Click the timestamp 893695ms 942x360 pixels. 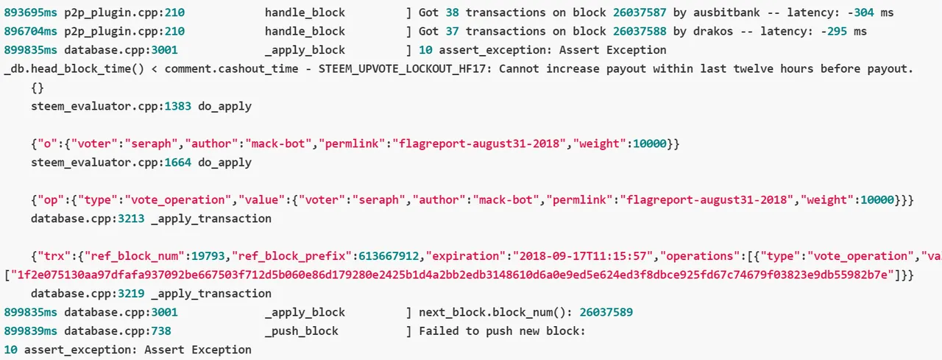[30, 13]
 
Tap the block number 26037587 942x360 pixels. [640, 13]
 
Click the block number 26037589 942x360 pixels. [606, 312]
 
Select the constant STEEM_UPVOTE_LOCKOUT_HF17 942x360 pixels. [402, 68]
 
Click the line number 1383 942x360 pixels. [177, 106]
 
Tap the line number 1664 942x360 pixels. [177, 163]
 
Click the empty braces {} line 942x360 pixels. [38, 88]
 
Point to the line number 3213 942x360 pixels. [131, 219]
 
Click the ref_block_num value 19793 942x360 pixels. [208, 256]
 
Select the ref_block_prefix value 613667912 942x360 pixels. [389, 256]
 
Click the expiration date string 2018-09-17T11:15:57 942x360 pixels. [582, 256]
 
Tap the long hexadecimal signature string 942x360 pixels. [452, 275]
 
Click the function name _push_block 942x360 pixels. [302, 331]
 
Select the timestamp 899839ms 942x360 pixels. [30, 331]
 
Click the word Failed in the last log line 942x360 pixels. [439, 331]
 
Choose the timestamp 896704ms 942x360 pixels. [30, 31]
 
